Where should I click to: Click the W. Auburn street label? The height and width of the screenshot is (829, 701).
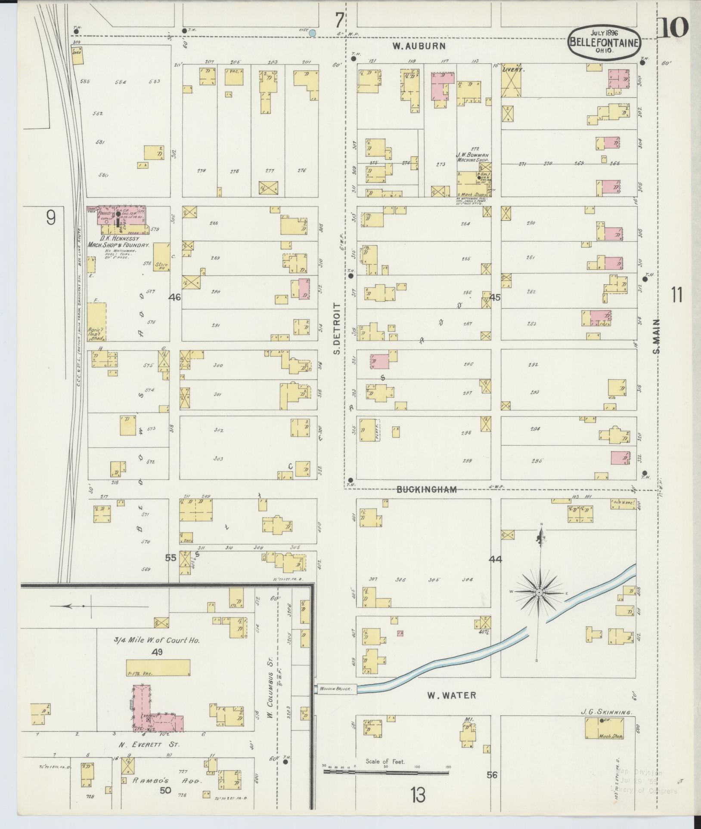click(418, 46)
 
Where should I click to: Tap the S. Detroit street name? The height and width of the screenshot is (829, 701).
click(337, 328)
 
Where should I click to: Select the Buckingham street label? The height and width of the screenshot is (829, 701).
click(426, 489)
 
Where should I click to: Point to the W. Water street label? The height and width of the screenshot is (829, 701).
click(452, 695)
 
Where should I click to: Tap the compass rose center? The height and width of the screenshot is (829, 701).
click(539, 592)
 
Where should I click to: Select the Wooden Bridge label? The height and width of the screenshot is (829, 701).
click(336, 689)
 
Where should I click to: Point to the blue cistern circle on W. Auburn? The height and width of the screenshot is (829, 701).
click(313, 33)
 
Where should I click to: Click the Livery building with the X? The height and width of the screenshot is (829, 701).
click(512, 82)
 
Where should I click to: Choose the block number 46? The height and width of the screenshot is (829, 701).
click(175, 297)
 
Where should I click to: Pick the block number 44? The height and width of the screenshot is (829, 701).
click(496, 559)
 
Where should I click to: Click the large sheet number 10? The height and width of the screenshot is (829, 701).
click(673, 29)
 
